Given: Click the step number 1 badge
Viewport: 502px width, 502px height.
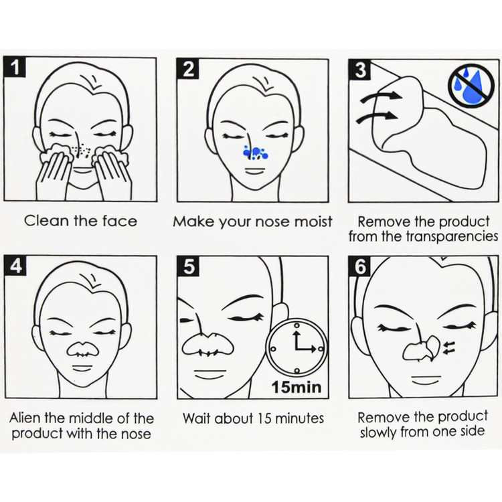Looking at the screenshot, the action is coord(15,67).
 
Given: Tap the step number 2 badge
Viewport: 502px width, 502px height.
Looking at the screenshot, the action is coord(187,68).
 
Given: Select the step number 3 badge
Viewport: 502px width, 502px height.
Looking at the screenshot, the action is coord(360,70).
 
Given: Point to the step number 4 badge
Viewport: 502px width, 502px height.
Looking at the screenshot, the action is coord(15,266).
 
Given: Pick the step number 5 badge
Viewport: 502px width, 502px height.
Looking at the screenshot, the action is coord(188,266).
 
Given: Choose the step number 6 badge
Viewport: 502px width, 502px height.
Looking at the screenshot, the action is coord(360,266).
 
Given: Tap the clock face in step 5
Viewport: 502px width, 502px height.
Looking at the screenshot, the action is coord(297,347).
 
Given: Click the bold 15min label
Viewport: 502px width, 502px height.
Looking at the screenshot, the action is coord(297,387).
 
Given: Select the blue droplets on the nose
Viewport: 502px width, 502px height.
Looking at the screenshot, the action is coord(255,153).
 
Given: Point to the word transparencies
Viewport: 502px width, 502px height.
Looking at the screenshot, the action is coord(452,236).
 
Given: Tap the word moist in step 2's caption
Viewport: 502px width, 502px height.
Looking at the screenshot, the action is coord(313,222).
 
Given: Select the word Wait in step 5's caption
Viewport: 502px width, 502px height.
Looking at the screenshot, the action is coord(197,418).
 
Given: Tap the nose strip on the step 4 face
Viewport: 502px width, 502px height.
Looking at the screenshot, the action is coord(82,349).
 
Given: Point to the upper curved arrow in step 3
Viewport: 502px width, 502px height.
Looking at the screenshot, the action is coord(381,96).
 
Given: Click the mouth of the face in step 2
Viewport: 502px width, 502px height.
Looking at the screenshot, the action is coord(255,170).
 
